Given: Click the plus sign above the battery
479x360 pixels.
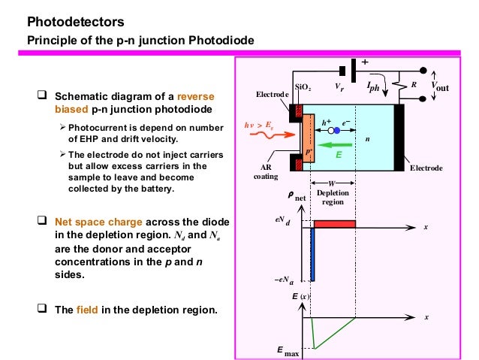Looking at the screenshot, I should click(x=365, y=62).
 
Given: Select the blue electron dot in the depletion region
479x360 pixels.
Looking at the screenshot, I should click(x=337, y=130).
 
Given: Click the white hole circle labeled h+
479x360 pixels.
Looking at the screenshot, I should click(x=330, y=130).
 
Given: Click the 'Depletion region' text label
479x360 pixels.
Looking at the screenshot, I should click(x=332, y=198).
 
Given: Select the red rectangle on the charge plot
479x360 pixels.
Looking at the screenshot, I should click(x=335, y=224).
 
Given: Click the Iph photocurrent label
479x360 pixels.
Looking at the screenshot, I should click(x=373, y=87).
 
